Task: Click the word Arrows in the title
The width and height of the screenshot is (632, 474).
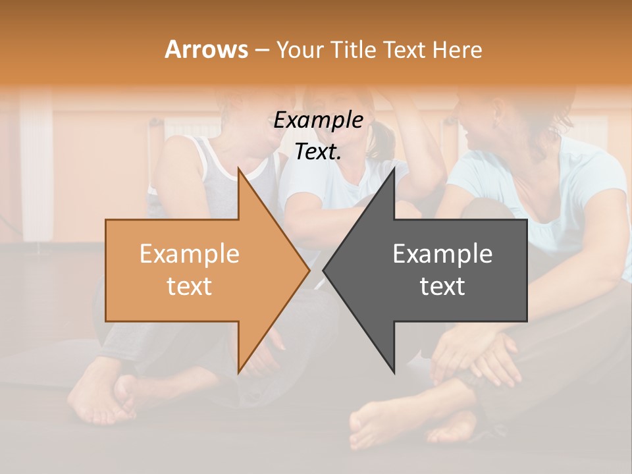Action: pyautogui.click(x=206, y=49)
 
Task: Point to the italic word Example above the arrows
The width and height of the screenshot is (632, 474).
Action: pyautogui.click(x=318, y=120)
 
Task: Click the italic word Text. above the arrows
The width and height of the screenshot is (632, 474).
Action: pyautogui.click(x=318, y=152)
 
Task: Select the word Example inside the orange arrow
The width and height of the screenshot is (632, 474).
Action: pyautogui.click(x=189, y=254)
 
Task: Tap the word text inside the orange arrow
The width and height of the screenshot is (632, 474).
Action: pyautogui.click(x=189, y=286)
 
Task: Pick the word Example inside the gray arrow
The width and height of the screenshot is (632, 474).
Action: pyautogui.click(x=442, y=254)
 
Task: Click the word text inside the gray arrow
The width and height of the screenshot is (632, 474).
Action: pyautogui.click(x=442, y=286)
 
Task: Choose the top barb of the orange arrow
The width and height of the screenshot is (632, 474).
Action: pyautogui.click(x=240, y=172)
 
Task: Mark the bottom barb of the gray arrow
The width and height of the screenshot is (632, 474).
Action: pyautogui.click(x=393, y=369)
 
